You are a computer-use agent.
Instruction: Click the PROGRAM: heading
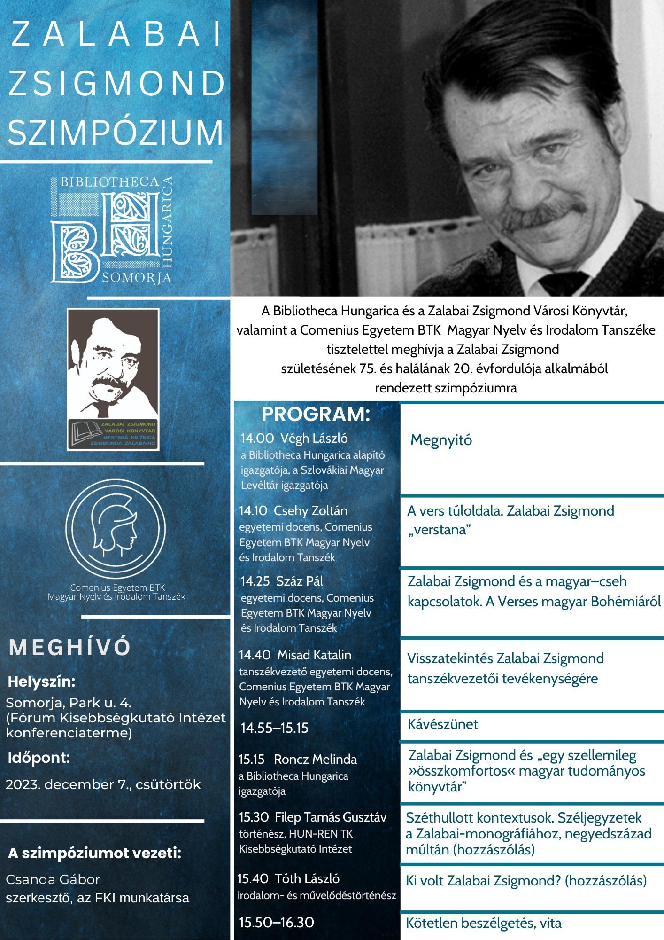[316, 415]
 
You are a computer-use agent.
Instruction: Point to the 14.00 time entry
[257, 439]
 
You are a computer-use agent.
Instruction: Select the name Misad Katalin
[314, 655]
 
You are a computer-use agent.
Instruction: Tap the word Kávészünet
[443, 724]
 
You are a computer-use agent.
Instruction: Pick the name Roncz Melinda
[315, 759]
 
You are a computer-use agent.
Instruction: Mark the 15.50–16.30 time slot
[276, 922]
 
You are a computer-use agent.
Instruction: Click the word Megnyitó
[441, 440]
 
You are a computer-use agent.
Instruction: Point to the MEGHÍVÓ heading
[70, 648]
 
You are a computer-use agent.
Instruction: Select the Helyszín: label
[42, 681]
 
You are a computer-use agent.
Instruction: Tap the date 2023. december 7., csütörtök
[103, 784]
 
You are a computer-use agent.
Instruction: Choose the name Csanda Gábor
[53, 879]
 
